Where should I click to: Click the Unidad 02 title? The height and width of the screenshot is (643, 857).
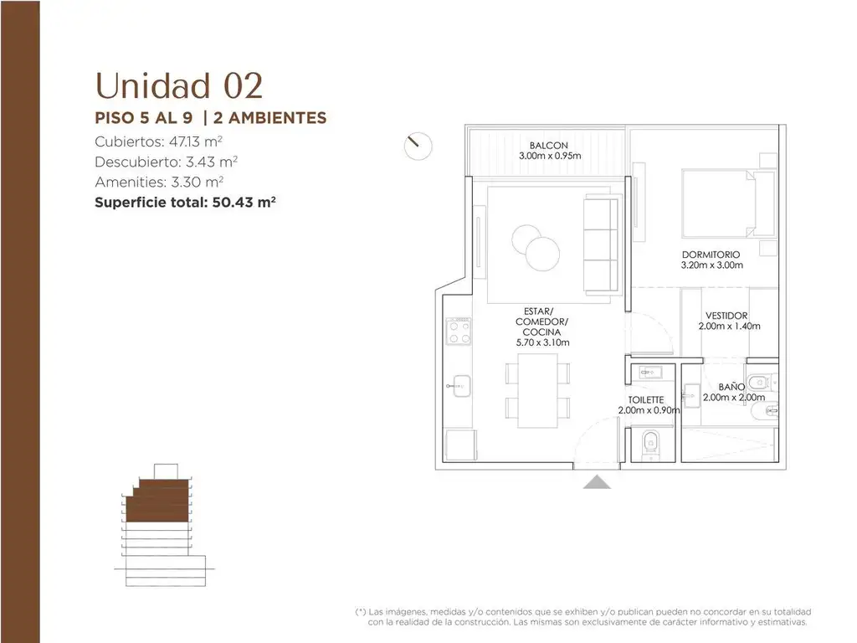(x=179, y=86)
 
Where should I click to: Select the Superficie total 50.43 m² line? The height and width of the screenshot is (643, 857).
(x=185, y=203)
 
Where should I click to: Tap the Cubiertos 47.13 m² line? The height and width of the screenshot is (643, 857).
(x=158, y=141)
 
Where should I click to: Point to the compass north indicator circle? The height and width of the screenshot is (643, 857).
(x=418, y=146)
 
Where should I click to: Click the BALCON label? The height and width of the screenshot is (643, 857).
(x=549, y=146)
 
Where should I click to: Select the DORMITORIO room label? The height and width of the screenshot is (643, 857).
(x=711, y=255)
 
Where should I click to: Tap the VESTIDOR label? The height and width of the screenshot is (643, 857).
(x=726, y=316)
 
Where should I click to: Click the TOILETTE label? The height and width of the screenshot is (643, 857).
(x=646, y=399)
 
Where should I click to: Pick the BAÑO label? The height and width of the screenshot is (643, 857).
(x=731, y=387)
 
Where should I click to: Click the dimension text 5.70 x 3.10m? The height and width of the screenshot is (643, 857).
(x=542, y=342)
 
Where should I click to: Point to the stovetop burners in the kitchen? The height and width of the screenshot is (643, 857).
(x=459, y=332)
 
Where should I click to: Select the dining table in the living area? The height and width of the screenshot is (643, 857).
(x=538, y=390)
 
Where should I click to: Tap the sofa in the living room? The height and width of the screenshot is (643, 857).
(x=601, y=244)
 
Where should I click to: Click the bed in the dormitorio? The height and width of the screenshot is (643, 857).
(x=728, y=203)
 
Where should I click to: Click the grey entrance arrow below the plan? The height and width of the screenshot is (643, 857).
(x=597, y=481)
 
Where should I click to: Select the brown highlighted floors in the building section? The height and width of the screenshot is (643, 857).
(x=158, y=501)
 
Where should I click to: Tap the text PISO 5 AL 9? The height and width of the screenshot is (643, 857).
(x=144, y=117)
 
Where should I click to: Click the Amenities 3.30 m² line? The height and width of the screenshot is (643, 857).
(x=159, y=182)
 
